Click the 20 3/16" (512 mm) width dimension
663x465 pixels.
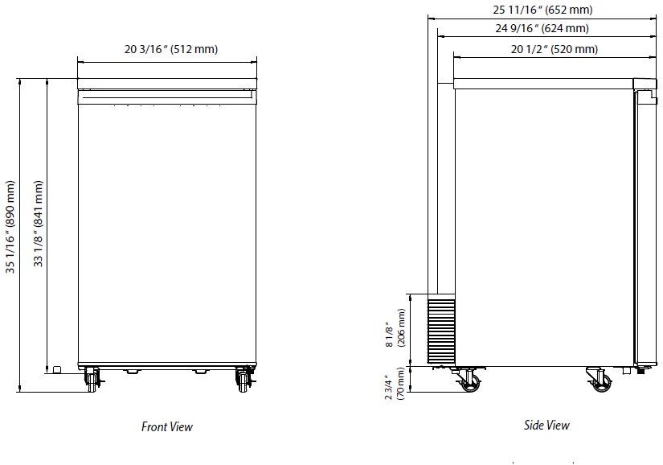(x=171, y=49)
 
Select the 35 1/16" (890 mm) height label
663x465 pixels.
(x=11, y=226)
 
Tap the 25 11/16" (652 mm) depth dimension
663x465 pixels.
(x=542, y=10)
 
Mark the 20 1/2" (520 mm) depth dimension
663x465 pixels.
(x=554, y=49)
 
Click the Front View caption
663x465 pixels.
(x=167, y=427)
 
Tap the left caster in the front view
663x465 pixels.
(x=92, y=377)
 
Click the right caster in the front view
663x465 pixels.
(x=243, y=377)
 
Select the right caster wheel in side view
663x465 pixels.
(x=597, y=379)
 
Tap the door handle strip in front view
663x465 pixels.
(x=167, y=97)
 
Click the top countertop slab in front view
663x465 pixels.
(x=167, y=84)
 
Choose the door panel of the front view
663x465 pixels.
(x=167, y=233)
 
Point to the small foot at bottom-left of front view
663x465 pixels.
(x=57, y=369)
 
